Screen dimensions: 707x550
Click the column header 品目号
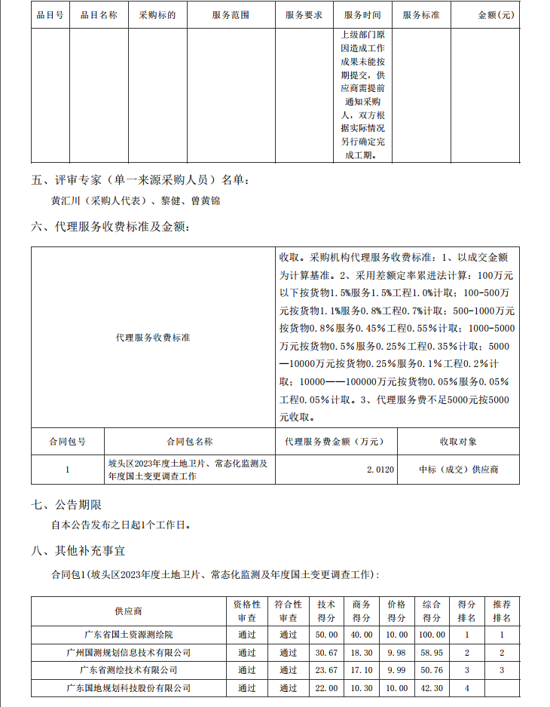(x=50, y=15)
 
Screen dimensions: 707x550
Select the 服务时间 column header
(x=362, y=15)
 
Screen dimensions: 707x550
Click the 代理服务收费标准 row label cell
(x=153, y=338)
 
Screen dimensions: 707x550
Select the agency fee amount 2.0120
(x=380, y=470)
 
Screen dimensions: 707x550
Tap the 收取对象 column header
(x=458, y=441)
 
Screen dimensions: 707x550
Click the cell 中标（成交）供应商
(x=458, y=470)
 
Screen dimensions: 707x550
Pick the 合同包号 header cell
(x=68, y=441)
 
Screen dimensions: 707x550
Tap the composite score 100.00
(x=432, y=634)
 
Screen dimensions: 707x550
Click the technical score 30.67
(x=326, y=652)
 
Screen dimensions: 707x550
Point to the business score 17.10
(x=361, y=669)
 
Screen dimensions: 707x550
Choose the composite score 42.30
(x=432, y=687)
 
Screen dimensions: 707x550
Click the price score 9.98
(x=396, y=652)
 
